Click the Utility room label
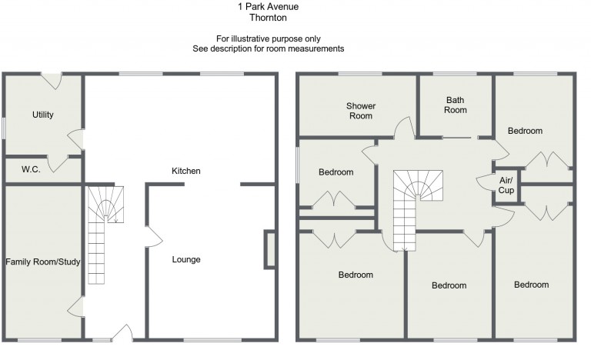pos(43,115)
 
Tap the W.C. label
pos(31,169)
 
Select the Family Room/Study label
pos(43,262)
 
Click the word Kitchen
pos(185,171)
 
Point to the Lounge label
pos(185,260)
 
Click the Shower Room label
pos(359,111)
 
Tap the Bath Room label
pos(456,105)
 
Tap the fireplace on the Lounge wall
pos(269,248)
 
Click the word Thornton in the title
pos(269,18)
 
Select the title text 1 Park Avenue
pos(268,7)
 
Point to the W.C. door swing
pos(56,163)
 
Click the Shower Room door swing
pos(402,128)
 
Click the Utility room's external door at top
pos(51,78)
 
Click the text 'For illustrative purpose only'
pos(268,38)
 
